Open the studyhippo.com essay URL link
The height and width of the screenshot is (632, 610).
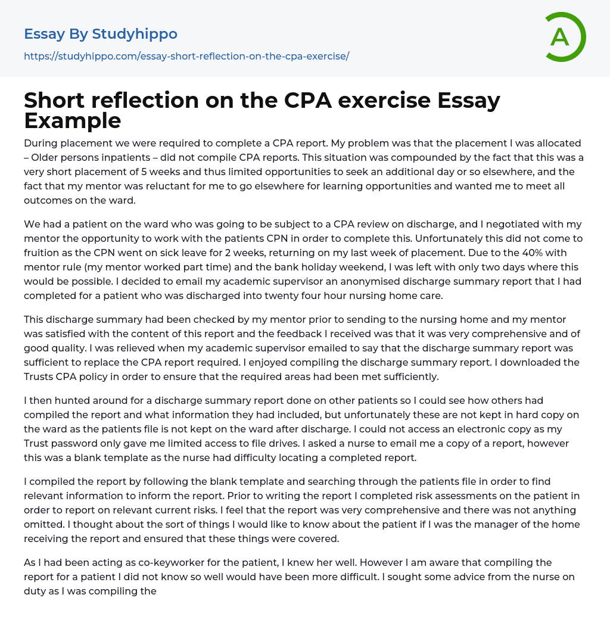point(186,56)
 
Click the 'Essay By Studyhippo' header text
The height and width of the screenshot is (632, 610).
point(101,34)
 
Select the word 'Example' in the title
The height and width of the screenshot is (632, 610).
point(73,121)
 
